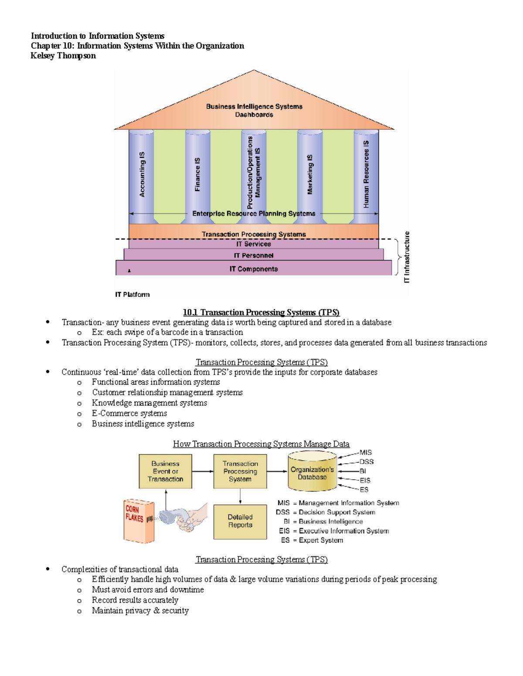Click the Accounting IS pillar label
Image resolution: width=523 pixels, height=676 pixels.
pyautogui.click(x=142, y=175)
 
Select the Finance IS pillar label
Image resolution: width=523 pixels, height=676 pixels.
pyautogui.click(x=197, y=175)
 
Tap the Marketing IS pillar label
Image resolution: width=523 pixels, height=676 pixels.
pyautogui.click(x=310, y=175)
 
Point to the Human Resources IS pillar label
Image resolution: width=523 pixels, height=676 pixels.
pyautogui.click(x=366, y=174)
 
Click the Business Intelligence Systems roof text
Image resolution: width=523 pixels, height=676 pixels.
pyautogui.click(x=254, y=107)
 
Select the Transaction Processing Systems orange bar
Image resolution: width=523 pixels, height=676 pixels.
pyautogui.click(x=254, y=234)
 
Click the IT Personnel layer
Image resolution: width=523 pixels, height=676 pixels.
pyautogui.click(x=254, y=256)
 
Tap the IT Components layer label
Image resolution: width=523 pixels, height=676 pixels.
pyautogui.click(x=254, y=269)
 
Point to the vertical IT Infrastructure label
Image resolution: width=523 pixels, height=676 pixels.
pyautogui.click(x=407, y=257)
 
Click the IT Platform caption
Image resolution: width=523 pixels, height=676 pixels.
pyautogui.click(x=132, y=295)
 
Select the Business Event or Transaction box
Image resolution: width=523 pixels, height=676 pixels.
pyautogui.click(x=165, y=471)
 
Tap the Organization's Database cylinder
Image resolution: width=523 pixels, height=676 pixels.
pyautogui.click(x=312, y=472)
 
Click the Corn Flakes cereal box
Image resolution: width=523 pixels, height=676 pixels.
pyautogui.click(x=138, y=521)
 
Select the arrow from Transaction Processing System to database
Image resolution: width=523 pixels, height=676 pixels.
pyautogui.click(x=277, y=471)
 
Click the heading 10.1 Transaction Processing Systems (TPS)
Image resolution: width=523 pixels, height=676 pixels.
pyautogui.click(x=261, y=313)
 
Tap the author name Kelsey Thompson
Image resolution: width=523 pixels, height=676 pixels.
pyautogui.click(x=63, y=56)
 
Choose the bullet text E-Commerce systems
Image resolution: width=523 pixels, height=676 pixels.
pyautogui.click(x=129, y=414)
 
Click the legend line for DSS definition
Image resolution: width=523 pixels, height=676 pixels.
pyautogui.click(x=326, y=512)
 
